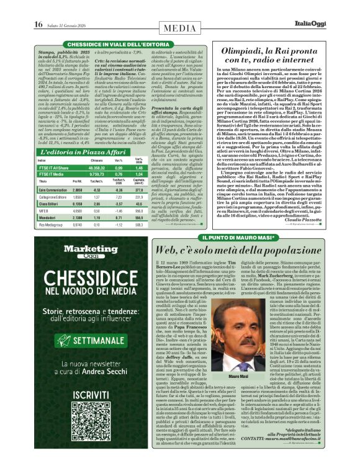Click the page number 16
[38, 24]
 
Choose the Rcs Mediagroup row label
[52, 225]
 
